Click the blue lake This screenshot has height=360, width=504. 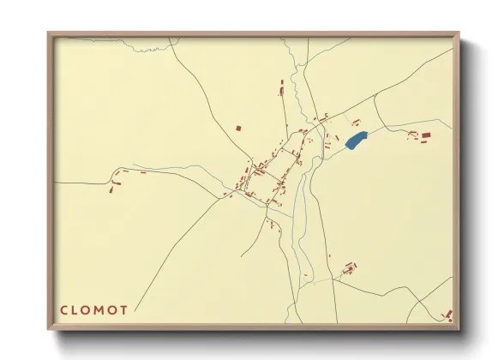tap(356, 140)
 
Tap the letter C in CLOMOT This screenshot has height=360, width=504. tap(64, 309)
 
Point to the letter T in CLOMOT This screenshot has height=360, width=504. tap(125, 309)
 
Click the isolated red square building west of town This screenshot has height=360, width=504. tap(238, 129)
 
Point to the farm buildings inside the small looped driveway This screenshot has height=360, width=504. tap(348, 269)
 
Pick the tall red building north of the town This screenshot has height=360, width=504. tap(280, 86)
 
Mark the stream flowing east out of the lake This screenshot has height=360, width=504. tap(394, 129)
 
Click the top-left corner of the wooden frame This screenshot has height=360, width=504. tap(49, 33)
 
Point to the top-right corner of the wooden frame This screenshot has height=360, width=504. tap(459, 33)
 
